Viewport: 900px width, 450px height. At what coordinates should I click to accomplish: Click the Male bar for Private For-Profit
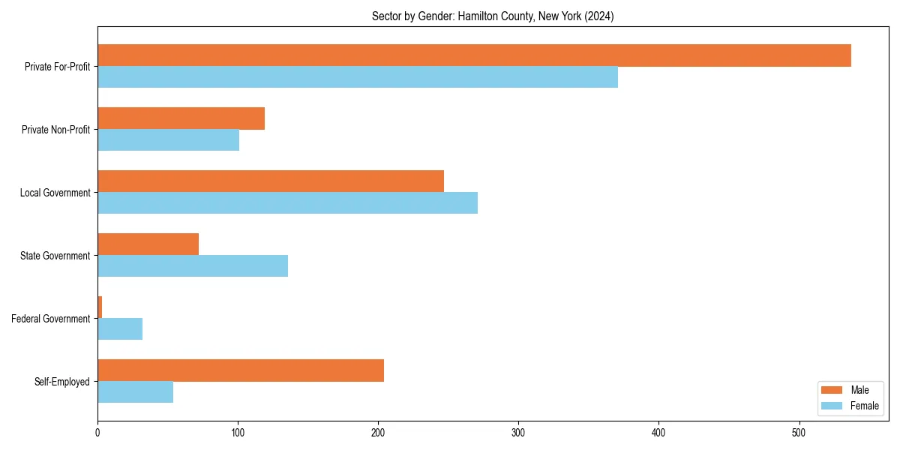(474, 55)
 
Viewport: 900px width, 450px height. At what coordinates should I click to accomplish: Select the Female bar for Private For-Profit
(358, 77)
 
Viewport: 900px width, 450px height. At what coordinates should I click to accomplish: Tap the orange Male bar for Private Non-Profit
(181, 118)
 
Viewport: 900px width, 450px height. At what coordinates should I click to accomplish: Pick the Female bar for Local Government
(287, 203)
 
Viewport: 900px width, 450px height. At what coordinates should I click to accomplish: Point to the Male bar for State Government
(148, 244)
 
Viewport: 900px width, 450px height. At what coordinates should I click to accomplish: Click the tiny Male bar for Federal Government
(100, 307)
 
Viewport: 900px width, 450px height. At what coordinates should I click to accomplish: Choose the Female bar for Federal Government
(120, 329)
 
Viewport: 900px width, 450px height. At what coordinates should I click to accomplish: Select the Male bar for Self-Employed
(241, 370)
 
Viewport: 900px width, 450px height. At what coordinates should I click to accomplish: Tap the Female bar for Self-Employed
(135, 392)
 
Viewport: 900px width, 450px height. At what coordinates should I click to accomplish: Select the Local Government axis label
(55, 193)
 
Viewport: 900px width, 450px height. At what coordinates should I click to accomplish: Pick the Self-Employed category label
(61, 382)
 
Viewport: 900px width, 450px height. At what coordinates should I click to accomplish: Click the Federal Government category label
(50, 319)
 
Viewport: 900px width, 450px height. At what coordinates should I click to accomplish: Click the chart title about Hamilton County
(493, 16)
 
